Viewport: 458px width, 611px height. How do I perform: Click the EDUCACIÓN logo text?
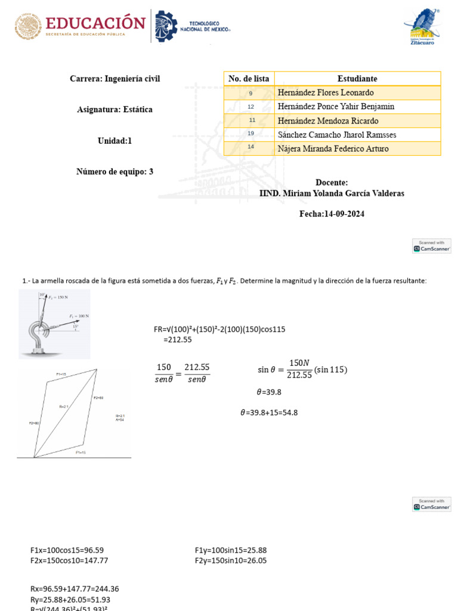point(95,24)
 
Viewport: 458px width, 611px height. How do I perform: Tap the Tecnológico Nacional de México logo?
point(192,26)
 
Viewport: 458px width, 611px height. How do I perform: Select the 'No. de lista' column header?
point(249,79)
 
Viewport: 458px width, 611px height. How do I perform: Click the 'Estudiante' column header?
point(357,79)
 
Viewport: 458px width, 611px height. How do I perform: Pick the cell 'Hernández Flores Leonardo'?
point(326,92)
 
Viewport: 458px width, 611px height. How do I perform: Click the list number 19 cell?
point(250,134)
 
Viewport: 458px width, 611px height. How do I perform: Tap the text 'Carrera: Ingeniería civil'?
point(114,79)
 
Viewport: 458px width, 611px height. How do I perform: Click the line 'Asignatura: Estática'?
point(114,109)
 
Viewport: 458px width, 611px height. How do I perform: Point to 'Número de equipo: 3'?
point(114,171)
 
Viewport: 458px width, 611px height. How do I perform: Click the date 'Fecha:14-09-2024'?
point(332,214)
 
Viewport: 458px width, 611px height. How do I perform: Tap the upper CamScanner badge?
point(431,246)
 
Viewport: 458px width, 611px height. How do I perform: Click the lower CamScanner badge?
point(431,504)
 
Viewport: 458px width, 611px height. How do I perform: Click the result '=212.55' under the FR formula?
point(177,340)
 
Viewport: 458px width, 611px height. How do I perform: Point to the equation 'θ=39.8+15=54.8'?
point(268,412)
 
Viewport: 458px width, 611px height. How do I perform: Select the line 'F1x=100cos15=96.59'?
point(71,550)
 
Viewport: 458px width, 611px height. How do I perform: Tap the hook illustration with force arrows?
point(54,323)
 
